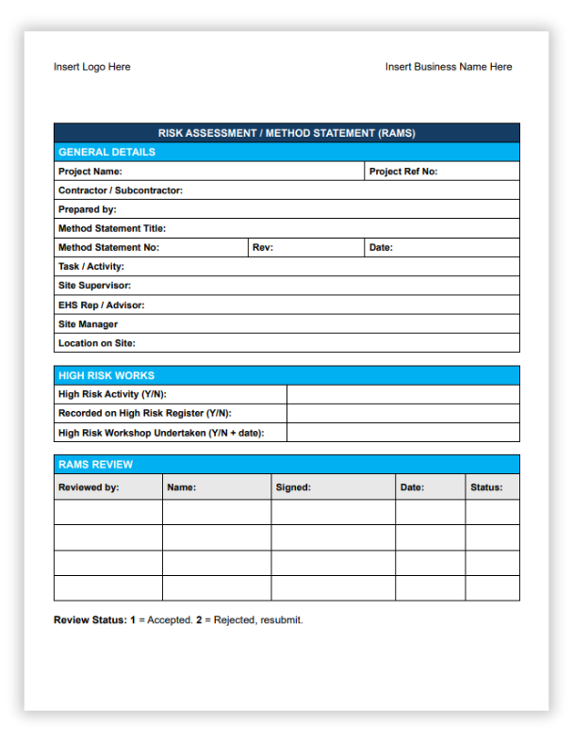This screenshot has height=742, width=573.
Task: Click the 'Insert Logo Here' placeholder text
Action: (x=91, y=67)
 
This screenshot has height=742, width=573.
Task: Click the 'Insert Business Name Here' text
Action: (x=449, y=67)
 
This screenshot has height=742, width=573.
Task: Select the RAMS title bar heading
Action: (x=286, y=133)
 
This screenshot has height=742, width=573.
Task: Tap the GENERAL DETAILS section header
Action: (x=106, y=152)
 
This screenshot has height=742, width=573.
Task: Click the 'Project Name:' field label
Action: (x=90, y=172)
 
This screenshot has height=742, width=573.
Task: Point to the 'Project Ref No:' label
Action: (x=403, y=172)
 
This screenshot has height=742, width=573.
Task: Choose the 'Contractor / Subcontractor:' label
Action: (x=120, y=190)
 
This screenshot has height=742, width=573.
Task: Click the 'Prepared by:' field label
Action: (x=87, y=209)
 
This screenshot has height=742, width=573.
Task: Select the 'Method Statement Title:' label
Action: (x=111, y=228)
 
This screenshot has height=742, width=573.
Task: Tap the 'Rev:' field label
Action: (x=263, y=248)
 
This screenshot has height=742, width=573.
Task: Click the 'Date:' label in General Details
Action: (x=381, y=248)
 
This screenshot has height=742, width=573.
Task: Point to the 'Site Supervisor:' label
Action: (x=94, y=286)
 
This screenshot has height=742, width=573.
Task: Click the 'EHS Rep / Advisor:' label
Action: (x=101, y=305)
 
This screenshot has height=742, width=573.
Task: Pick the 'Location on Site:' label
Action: (x=96, y=343)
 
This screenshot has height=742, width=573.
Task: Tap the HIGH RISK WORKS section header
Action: (x=106, y=375)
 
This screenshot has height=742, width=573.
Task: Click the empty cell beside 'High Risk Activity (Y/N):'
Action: (x=402, y=394)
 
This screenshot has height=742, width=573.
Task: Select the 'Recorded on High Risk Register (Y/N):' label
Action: (x=144, y=413)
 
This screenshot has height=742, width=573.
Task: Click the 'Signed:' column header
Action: (x=293, y=487)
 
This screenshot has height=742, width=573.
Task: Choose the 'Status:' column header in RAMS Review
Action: (x=486, y=487)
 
